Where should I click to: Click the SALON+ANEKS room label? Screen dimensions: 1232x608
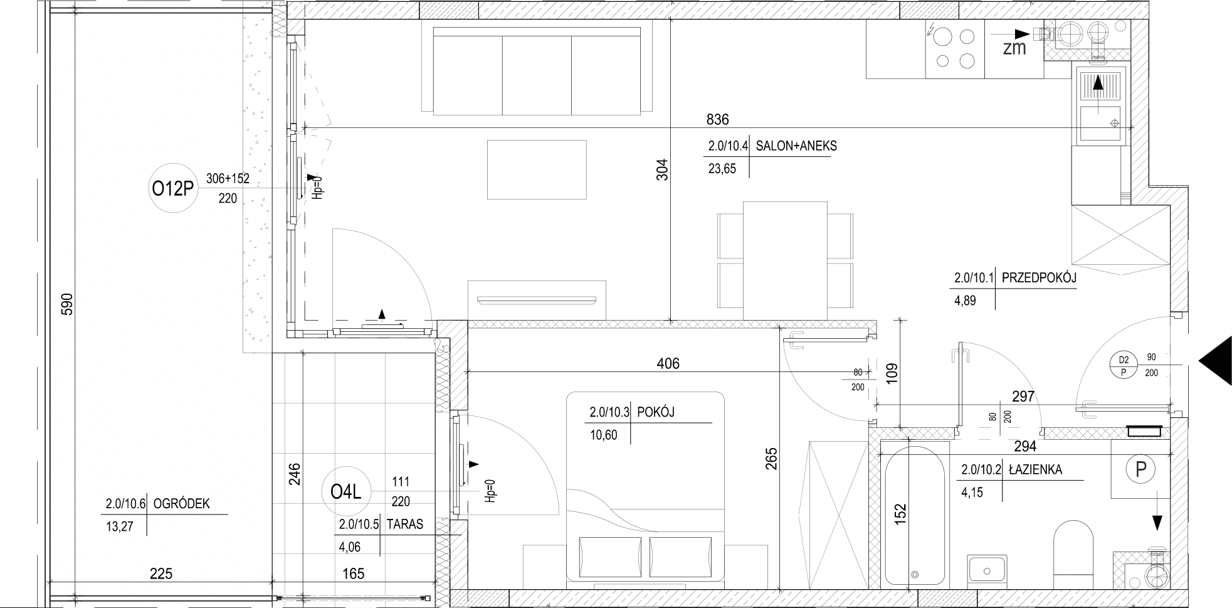click(796, 146)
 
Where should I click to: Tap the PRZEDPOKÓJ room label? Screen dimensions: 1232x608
click(1039, 278)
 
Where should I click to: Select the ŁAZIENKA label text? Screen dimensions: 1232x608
click(1035, 469)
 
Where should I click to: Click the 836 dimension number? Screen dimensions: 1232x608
click(717, 119)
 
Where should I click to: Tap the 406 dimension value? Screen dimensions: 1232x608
click(668, 363)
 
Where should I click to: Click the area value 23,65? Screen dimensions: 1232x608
click(722, 169)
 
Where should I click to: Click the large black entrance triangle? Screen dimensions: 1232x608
click(1216, 361)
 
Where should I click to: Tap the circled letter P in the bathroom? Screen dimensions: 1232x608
click(1140, 468)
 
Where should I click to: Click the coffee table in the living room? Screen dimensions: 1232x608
click(537, 169)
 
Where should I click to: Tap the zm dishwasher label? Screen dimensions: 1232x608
click(1014, 48)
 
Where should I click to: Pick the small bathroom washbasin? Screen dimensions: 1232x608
click(987, 570)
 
